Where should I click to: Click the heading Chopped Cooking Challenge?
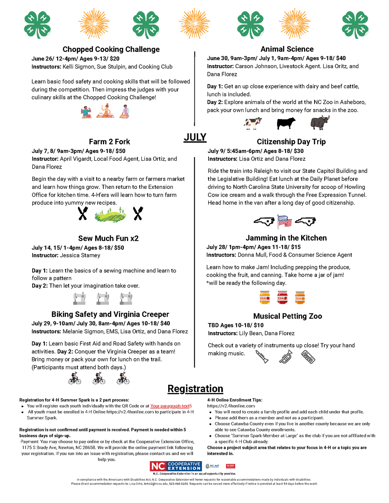click(111, 49)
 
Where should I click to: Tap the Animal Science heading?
click(287, 49)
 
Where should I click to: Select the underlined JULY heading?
click(195, 137)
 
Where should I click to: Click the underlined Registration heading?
click(195, 389)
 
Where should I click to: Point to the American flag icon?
click(285, 221)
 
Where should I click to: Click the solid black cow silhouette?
click(286, 123)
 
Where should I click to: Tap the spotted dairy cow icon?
click(253, 123)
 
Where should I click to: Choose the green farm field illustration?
click(110, 214)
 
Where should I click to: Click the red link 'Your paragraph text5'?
click(171, 406)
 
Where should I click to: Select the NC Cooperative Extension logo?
click(176, 466)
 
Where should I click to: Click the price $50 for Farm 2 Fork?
click(120, 151)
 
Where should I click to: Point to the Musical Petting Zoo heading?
click(287, 316)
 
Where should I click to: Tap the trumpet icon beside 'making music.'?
click(286, 357)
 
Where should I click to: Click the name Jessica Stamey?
click(80, 255)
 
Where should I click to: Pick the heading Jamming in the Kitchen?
click(286, 238)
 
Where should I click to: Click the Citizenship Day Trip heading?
click(291, 141)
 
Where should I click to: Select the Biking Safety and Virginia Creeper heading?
click(110, 314)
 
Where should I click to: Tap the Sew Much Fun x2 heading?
click(108, 238)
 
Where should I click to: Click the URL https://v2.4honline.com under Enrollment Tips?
click(231, 406)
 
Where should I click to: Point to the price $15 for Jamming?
click(296, 247)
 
